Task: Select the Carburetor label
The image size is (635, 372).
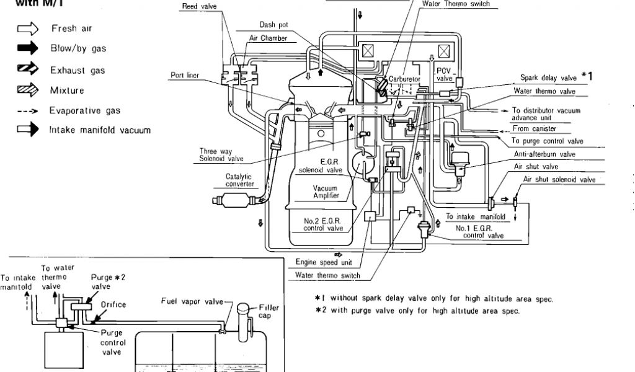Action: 405,79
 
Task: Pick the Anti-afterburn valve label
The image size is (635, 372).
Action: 544,154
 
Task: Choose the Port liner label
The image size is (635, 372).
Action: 185,76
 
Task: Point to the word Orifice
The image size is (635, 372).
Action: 113,304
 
